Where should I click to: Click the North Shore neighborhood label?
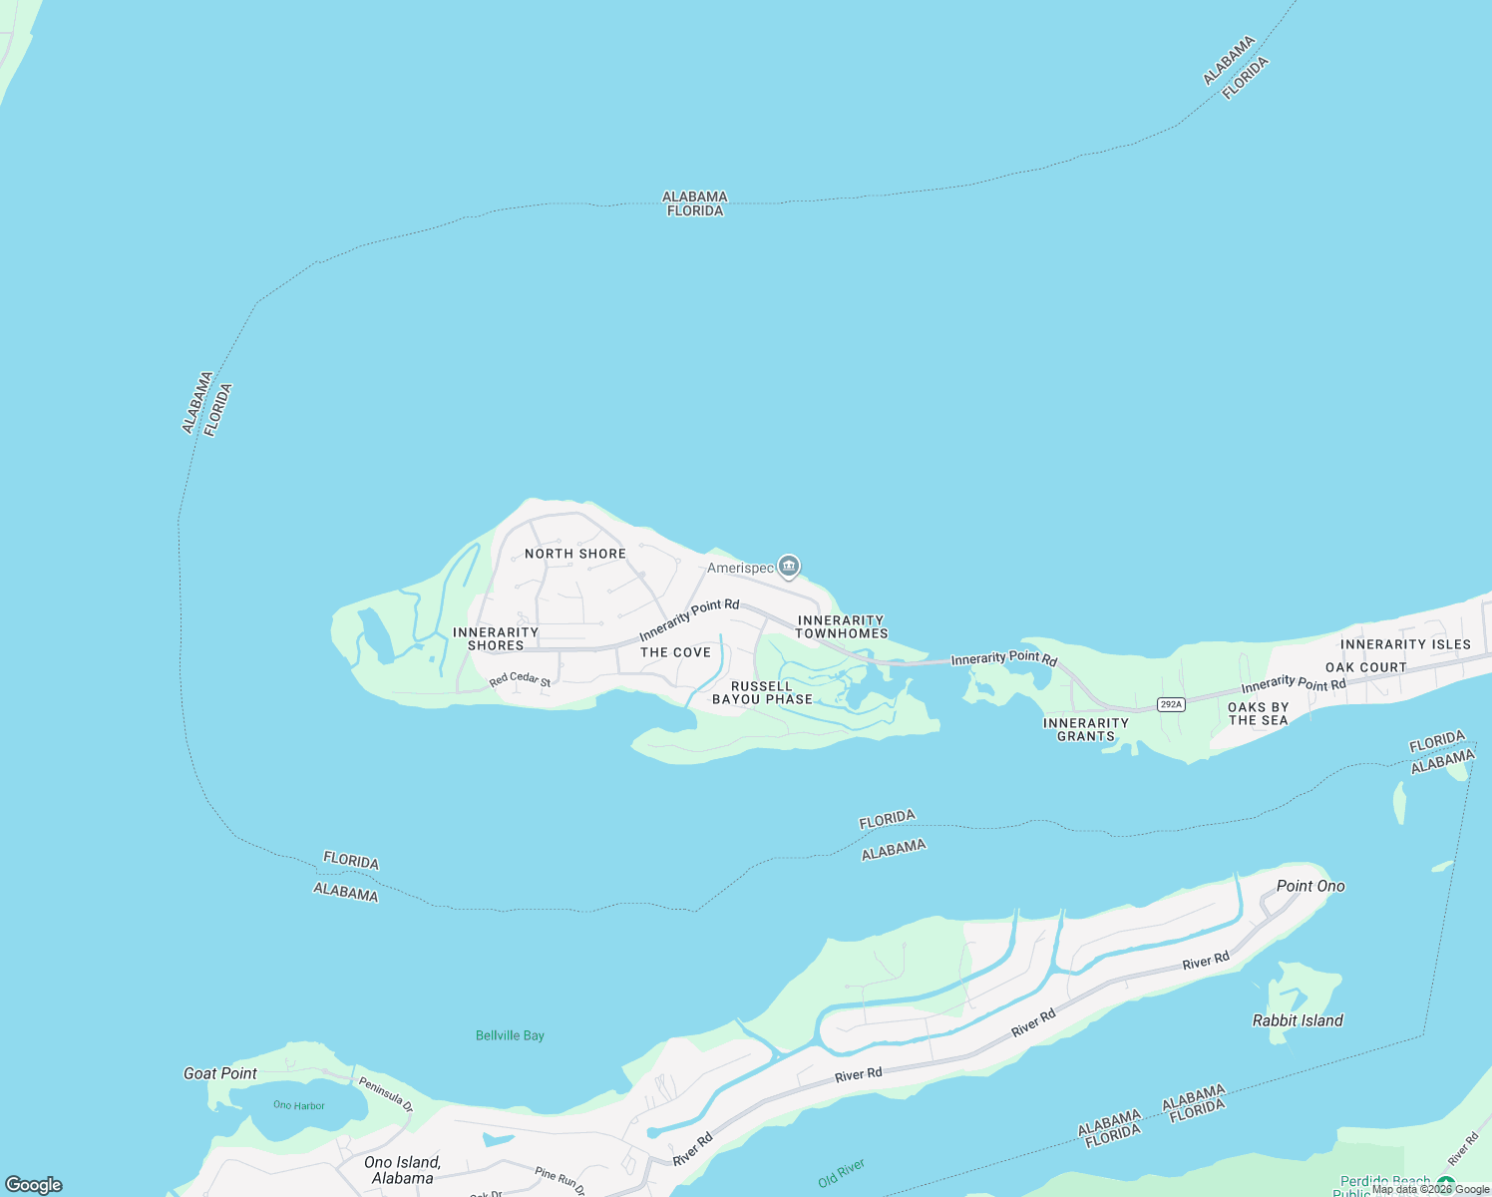click(x=575, y=554)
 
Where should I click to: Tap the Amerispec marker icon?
click(x=789, y=567)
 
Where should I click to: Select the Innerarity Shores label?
click(x=496, y=638)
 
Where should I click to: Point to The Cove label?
click(x=676, y=652)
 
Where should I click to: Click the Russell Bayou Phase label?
click(x=762, y=692)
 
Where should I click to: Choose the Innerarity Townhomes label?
click(x=841, y=626)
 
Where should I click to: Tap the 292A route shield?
click(x=1171, y=704)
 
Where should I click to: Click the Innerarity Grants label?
click(x=1086, y=729)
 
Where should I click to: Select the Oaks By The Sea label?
click(x=1259, y=713)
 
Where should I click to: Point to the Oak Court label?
click(x=1365, y=667)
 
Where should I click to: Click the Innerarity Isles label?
click(x=1405, y=644)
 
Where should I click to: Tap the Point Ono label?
click(x=1310, y=886)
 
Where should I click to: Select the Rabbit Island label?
click(x=1298, y=1020)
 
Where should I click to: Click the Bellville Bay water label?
click(x=510, y=1035)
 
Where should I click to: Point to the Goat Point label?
click(x=220, y=1073)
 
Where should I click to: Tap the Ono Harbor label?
click(x=299, y=1105)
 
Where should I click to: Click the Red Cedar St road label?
click(x=520, y=679)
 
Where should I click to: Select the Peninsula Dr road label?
click(x=385, y=1092)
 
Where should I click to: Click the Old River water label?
click(x=842, y=1173)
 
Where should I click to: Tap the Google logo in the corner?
click(x=34, y=1185)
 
